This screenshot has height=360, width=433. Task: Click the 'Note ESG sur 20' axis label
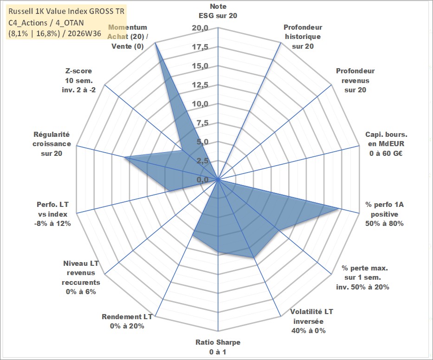[218, 11]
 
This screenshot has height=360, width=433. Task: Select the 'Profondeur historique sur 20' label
[303, 37]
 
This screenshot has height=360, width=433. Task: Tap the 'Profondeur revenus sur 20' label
[355, 80]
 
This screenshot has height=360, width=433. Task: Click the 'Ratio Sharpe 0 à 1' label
[218, 347]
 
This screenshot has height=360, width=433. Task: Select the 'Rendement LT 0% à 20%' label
[127, 321]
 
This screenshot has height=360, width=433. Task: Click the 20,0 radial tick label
[200, 28]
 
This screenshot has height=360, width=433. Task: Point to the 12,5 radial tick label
[200, 85]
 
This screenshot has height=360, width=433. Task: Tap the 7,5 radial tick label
[202, 123]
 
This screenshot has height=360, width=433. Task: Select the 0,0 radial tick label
[202, 180]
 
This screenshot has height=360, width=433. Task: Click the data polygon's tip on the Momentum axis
[155, 43]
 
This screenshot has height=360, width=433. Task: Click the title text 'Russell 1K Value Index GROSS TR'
[66, 11]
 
